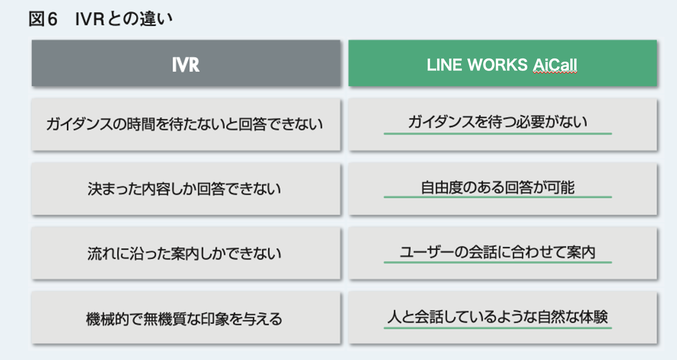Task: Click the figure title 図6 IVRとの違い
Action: (x=101, y=19)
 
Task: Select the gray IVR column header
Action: (x=186, y=64)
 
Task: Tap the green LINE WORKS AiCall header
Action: (x=502, y=64)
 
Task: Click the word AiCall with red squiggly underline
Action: (x=555, y=66)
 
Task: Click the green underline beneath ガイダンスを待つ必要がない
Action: (x=497, y=134)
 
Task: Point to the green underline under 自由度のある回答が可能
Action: (x=497, y=197)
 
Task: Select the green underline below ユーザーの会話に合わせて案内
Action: (x=497, y=262)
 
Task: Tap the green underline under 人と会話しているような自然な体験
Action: (x=497, y=328)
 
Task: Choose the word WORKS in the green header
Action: (x=497, y=66)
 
